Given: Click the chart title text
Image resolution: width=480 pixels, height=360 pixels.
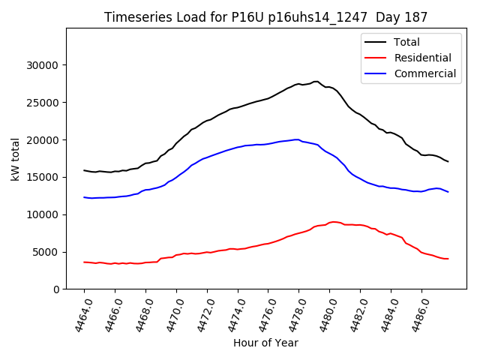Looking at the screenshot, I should coord(266,17).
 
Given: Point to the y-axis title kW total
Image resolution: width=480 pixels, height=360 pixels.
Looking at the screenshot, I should coord(15,159).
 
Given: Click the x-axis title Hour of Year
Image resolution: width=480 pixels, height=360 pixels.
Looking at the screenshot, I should coord(265,343).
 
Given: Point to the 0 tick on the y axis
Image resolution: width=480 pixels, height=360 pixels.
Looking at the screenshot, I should coord(56,289).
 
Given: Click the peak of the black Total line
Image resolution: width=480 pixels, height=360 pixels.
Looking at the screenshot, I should coord(316,81).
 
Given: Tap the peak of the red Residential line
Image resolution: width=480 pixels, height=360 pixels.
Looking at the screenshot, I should coord(333,222).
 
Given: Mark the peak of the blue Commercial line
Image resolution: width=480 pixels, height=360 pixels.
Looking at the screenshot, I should coord(298,139).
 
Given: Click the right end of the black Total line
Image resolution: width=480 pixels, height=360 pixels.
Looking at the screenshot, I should coord(448,161).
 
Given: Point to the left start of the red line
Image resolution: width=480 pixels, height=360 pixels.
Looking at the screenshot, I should coord(84,262).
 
